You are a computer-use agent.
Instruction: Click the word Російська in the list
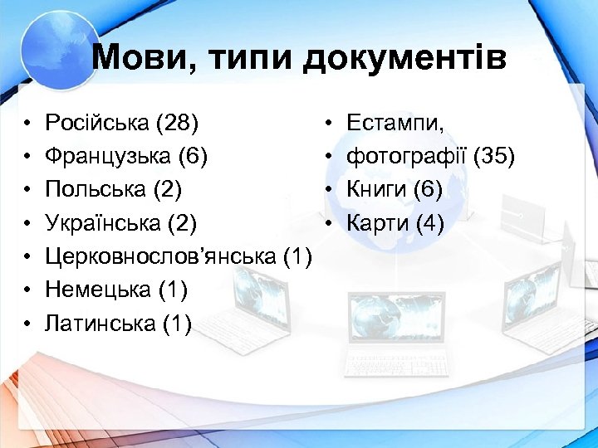pyautogui.click(x=97, y=124)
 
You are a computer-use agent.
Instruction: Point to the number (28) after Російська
pyautogui.click(x=177, y=124)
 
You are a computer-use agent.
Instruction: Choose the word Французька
pyautogui.click(x=105, y=157)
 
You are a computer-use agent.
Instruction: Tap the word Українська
pyautogui.click(x=101, y=223)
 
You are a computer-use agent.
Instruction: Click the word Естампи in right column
pyautogui.click(x=395, y=124)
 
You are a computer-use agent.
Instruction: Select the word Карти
pyautogui.click(x=378, y=223)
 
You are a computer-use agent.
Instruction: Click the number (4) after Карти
pyautogui.click(x=430, y=223)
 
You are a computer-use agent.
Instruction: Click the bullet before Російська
pyautogui.click(x=27, y=124)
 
